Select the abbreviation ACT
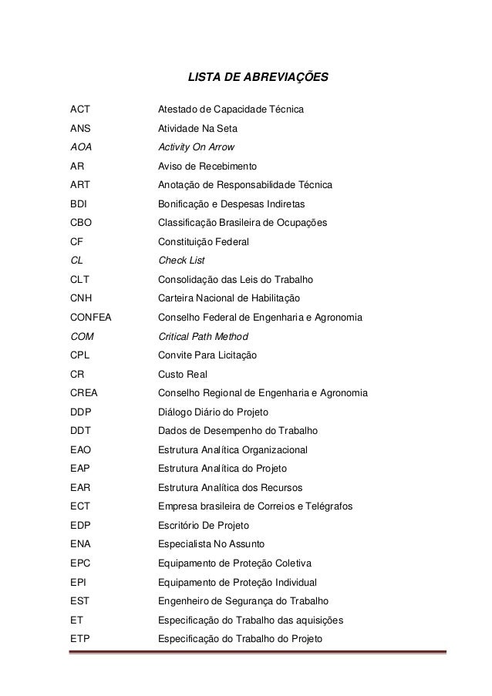pyautogui.click(x=80, y=109)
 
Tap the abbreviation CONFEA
pyautogui.click(x=90, y=318)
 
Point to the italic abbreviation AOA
pyautogui.click(x=80, y=147)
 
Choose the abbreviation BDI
pyautogui.click(x=78, y=204)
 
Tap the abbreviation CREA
pyautogui.click(x=83, y=393)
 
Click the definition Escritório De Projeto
pyautogui.click(x=204, y=526)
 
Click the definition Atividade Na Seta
pyautogui.click(x=198, y=129)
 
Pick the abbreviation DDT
pyautogui.click(x=79, y=431)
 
